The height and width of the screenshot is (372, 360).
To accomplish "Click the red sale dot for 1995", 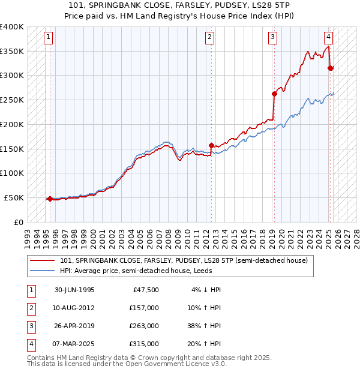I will (50, 199).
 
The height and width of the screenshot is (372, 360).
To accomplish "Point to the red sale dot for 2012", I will (211, 145).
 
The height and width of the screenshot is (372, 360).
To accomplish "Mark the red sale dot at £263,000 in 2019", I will (274, 94).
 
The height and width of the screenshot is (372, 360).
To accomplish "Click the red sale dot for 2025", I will (331, 68).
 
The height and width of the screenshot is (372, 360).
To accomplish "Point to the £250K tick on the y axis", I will (12, 100).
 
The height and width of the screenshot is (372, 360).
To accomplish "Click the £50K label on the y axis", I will (14, 197).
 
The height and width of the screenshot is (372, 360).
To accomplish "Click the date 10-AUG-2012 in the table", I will (74, 308).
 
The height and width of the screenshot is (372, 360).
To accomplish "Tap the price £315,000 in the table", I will (144, 344).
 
